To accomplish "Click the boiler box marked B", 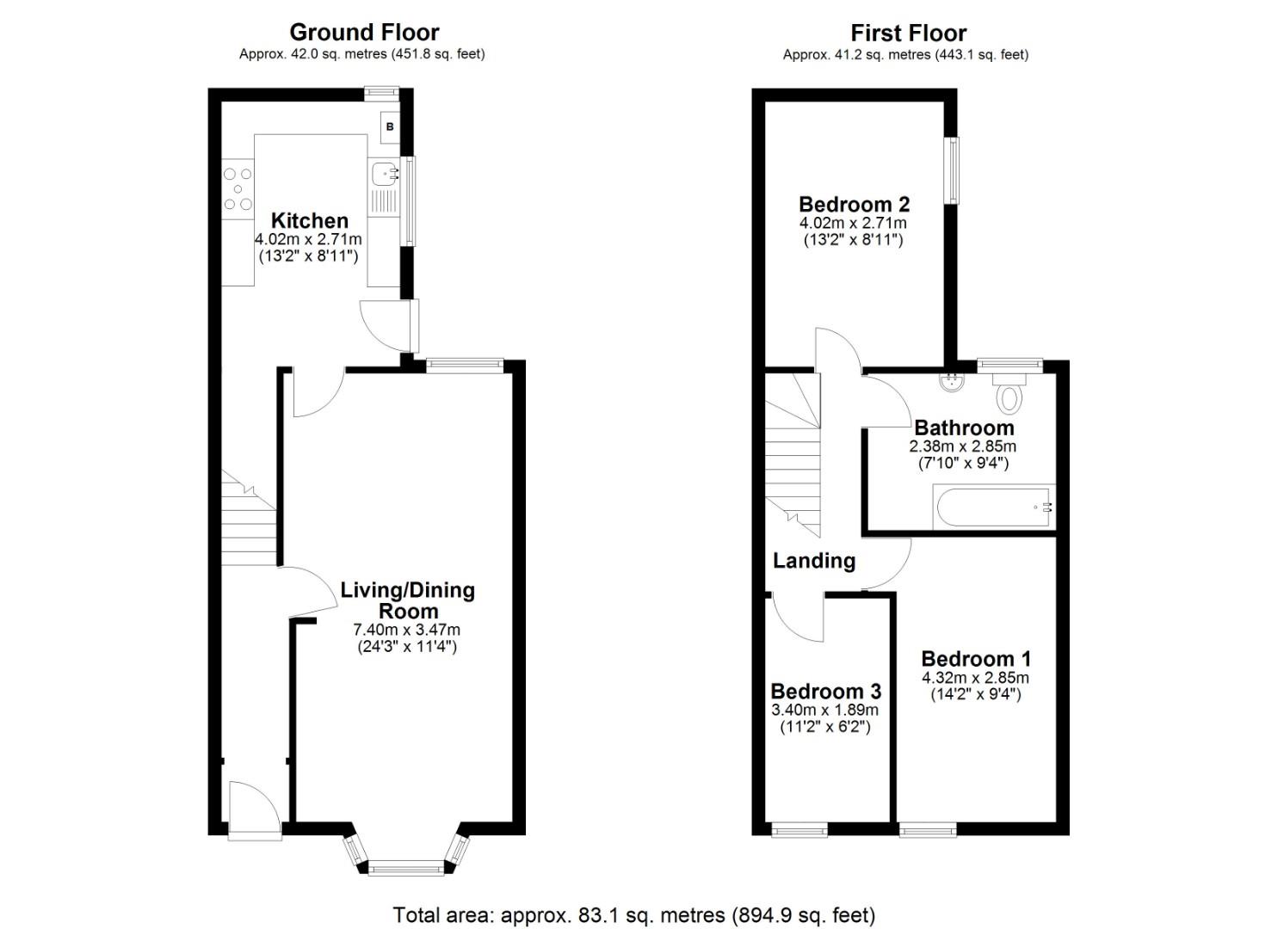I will coord(390,127).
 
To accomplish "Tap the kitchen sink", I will coord(383,174).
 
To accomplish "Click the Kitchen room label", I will coord(310,220).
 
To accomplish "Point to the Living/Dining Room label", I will coord(408,600).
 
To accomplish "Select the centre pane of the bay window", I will coord(406,868).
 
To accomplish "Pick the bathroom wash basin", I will coord(952,380).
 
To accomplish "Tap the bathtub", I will coord(993,507).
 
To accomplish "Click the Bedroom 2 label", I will coord(854,205).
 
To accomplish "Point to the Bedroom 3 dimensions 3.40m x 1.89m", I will coord(824,711).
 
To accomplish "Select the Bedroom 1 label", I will coord(975,659).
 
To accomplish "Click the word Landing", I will coord(813,561).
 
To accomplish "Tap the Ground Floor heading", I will coord(364,33).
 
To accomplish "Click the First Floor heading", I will coord(908,34).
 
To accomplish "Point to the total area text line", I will coord(633,914).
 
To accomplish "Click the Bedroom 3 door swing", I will coord(798,616).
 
